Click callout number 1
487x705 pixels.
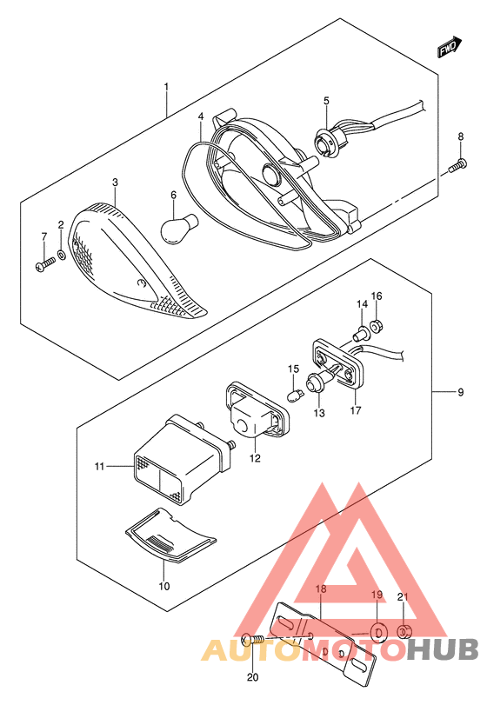click(x=166, y=88)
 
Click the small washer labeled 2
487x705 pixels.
click(x=61, y=257)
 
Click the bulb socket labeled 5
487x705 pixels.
click(x=327, y=139)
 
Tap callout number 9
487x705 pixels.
click(x=461, y=393)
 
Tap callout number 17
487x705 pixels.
click(x=355, y=412)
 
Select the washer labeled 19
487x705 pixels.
click(x=378, y=629)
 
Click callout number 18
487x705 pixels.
click(x=320, y=589)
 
